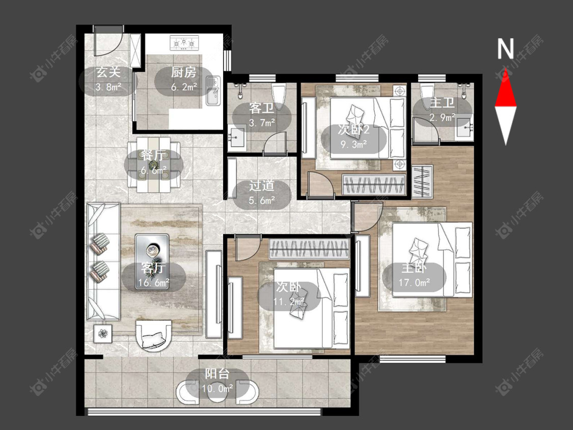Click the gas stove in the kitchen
(x=184, y=43)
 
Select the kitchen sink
(x=212, y=90)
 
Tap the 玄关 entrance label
(x=108, y=72)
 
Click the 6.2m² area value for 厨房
(x=184, y=87)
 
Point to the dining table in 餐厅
(x=154, y=164)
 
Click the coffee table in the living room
(x=152, y=262)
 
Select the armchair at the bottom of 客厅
(x=154, y=335)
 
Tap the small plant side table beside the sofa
(x=103, y=334)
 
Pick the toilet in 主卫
(x=427, y=96)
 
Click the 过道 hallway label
(x=262, y=186)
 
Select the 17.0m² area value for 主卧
(x=414, y=282)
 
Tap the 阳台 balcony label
(x=217, y=373)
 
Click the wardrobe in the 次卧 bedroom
(x=310, y=249)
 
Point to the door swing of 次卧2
(x=321, y=183)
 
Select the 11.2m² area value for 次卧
(x=289, y=302)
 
